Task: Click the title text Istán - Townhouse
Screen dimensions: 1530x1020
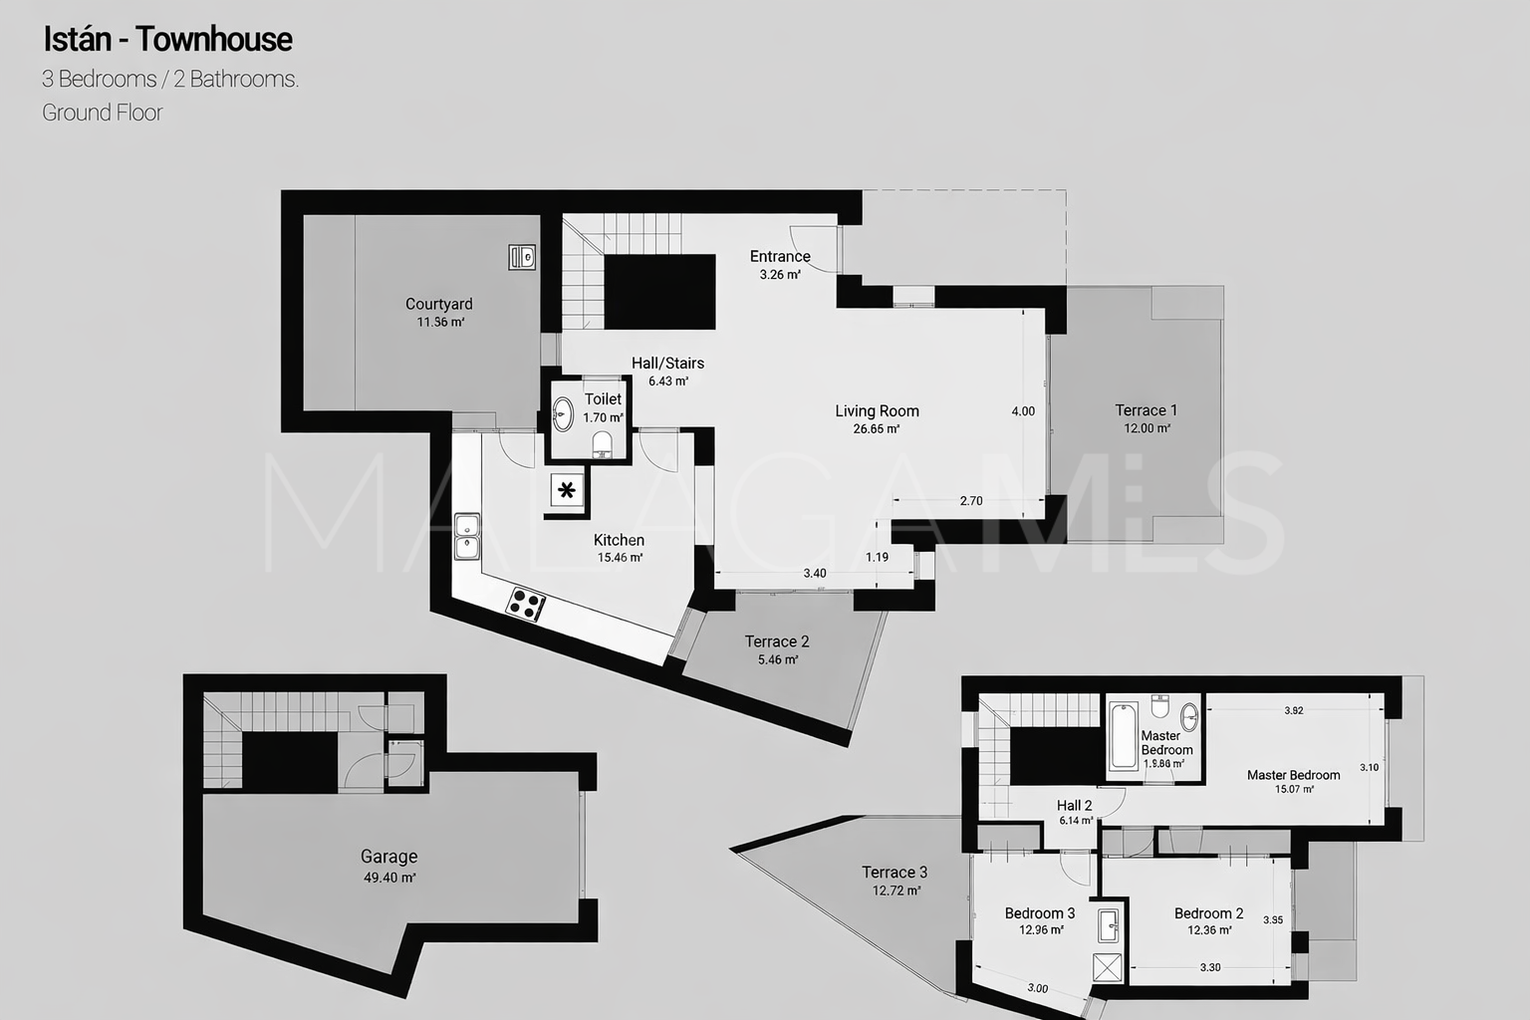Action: [168, 40]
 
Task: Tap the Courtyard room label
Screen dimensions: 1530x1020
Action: [438, 304]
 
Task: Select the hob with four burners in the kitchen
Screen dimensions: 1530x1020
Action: [525, 604]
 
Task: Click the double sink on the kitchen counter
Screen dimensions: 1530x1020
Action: [467, 536]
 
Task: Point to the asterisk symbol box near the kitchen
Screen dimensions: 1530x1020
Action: [567, 490]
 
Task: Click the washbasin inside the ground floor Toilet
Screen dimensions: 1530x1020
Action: [563, 414]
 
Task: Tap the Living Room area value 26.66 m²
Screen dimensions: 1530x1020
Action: [877, 429]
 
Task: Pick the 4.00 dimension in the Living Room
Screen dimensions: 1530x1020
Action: [1023, 411]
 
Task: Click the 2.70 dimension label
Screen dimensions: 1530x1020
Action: [971, 501]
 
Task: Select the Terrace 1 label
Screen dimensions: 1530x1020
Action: [1147, 410]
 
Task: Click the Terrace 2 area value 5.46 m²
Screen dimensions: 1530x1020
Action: [778, 660]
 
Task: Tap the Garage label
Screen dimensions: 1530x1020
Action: [388, 857]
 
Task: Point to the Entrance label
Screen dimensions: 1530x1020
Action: [780, 256]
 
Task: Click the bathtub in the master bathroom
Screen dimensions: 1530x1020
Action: [1124, 736]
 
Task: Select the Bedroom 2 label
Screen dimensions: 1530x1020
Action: [1209, 913]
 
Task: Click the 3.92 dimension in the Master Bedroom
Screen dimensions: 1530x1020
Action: [1294, 710]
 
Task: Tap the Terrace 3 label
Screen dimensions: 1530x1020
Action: [894, 873]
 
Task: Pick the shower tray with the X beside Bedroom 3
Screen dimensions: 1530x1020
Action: [1108, 967]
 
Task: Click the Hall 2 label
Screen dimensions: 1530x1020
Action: [1075, 806]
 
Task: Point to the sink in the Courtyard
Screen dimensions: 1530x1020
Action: [522, 257]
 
